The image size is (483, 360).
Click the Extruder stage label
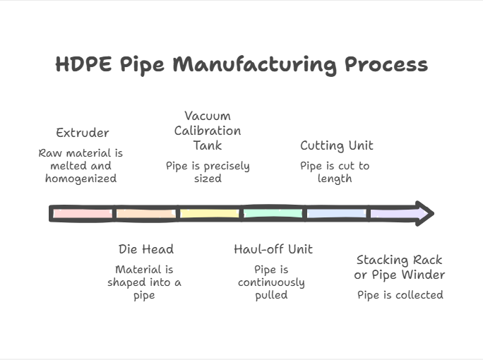tap(83, 133)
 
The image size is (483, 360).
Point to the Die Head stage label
tap(145, 249)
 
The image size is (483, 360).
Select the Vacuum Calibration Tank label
tap(208, 131)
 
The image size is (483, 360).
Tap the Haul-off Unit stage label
tap(273, 249)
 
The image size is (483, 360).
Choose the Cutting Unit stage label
tap(336, 146)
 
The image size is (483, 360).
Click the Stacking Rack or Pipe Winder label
tap(400, 267)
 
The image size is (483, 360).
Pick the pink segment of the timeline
tap(83, 213)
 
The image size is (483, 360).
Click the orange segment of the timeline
tap(145, 213)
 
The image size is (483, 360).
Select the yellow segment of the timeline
tap(209, 213)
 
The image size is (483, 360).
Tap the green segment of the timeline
tap(273, 213)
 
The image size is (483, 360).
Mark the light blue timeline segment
tap(336, 213)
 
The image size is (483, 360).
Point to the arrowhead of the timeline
tap(423, 213)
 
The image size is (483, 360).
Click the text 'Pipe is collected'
tap(400, 295)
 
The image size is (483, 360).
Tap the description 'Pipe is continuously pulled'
tap(272, 282)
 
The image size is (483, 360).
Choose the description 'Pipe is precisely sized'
tap(208, 172)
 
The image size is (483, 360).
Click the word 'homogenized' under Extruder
tap(80, 179)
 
